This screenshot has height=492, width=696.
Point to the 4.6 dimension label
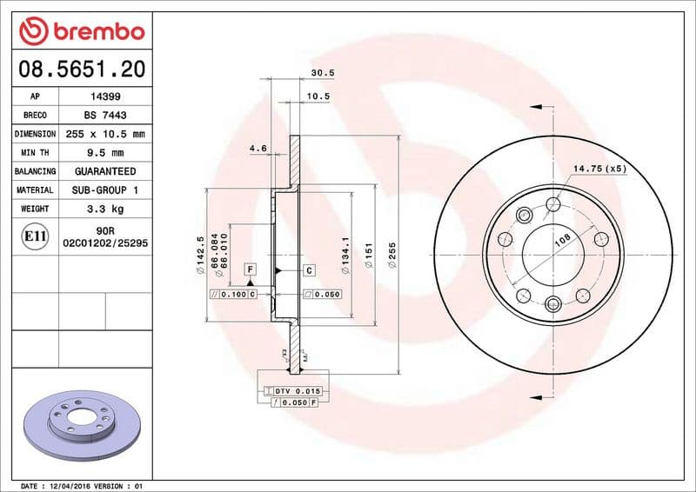(x=258, y=149)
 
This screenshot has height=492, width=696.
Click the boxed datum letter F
(x=250, y=269)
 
